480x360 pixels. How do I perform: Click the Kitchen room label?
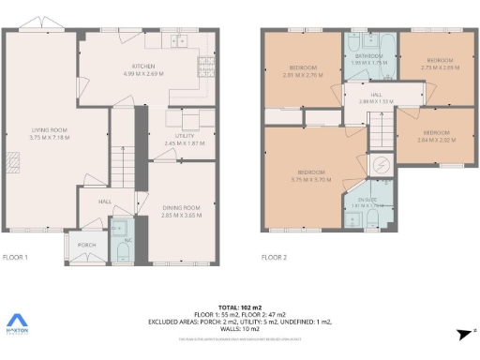(x=143, y=68)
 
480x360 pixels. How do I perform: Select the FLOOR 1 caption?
(x=16, y=257)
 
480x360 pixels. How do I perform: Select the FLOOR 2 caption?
(x=273, y=257)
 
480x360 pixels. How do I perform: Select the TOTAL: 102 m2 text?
(x=240, y=307)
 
